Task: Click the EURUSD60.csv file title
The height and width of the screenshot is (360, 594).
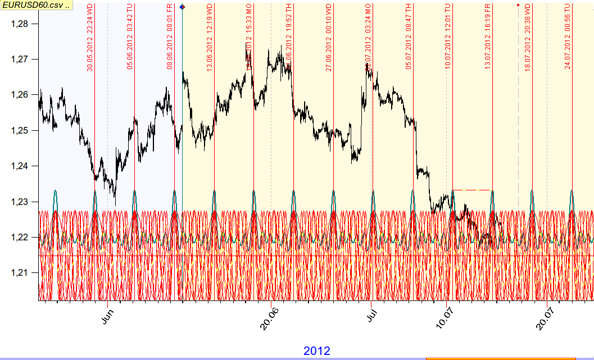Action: coord(35,5)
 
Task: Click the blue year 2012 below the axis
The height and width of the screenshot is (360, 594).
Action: coord(317,351)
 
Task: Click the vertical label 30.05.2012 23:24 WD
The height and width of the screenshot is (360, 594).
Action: coord(90,37)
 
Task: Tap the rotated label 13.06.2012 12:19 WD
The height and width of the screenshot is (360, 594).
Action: coord(210,37)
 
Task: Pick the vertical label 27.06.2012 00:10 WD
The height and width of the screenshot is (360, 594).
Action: coord(329,37)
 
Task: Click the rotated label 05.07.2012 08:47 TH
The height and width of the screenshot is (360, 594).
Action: coord(409,37)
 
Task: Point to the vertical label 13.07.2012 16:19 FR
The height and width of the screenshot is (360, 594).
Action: coord(488,37)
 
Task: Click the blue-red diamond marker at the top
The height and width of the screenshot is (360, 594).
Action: coord(182,7)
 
